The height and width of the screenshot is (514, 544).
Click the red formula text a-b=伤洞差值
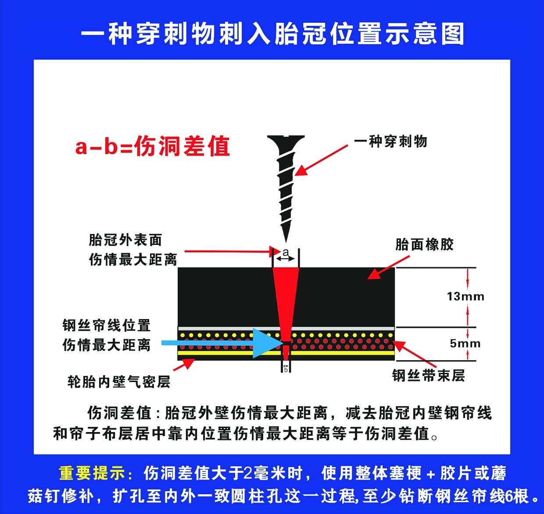[153, 146]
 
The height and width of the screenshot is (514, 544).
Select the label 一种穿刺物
[390, 142]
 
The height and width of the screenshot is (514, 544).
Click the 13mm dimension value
[466, 296]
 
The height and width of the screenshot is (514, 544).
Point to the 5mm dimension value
[465, 344]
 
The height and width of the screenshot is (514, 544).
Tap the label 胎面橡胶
[425, 245]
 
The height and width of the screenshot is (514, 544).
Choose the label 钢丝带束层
[428, 375]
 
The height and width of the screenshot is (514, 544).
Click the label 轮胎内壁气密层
[119, 382]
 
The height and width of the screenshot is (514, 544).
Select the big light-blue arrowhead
[266, 343]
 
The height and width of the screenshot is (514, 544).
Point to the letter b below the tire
[286, 370]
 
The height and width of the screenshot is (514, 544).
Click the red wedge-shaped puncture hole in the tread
[286, 301]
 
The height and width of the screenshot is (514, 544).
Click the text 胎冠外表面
[125, 240]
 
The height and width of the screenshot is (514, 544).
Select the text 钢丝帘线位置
[107, 325]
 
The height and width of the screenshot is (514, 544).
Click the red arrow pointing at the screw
[321, 160]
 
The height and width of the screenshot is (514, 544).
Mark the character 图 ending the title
[453, 34]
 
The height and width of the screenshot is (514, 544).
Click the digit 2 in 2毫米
[248, 473]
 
